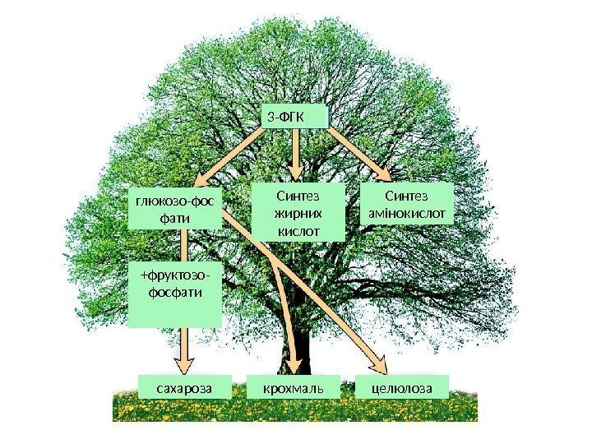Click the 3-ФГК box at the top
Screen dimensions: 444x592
pyautogui.click(x=294, y=117)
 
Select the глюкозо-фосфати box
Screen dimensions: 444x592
pyautogui.click(x=178, y=209)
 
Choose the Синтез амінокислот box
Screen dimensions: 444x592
pyautogui.click(x=408, y=205)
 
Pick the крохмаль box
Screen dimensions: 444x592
pyautogui.click(x=294, y=386)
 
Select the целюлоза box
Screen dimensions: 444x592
pyautogui.click(x=401, y=386)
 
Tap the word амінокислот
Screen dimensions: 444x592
pyautogui.click(x=408, y=214)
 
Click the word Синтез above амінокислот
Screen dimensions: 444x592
pyautogui.click(x=408, y=197)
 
